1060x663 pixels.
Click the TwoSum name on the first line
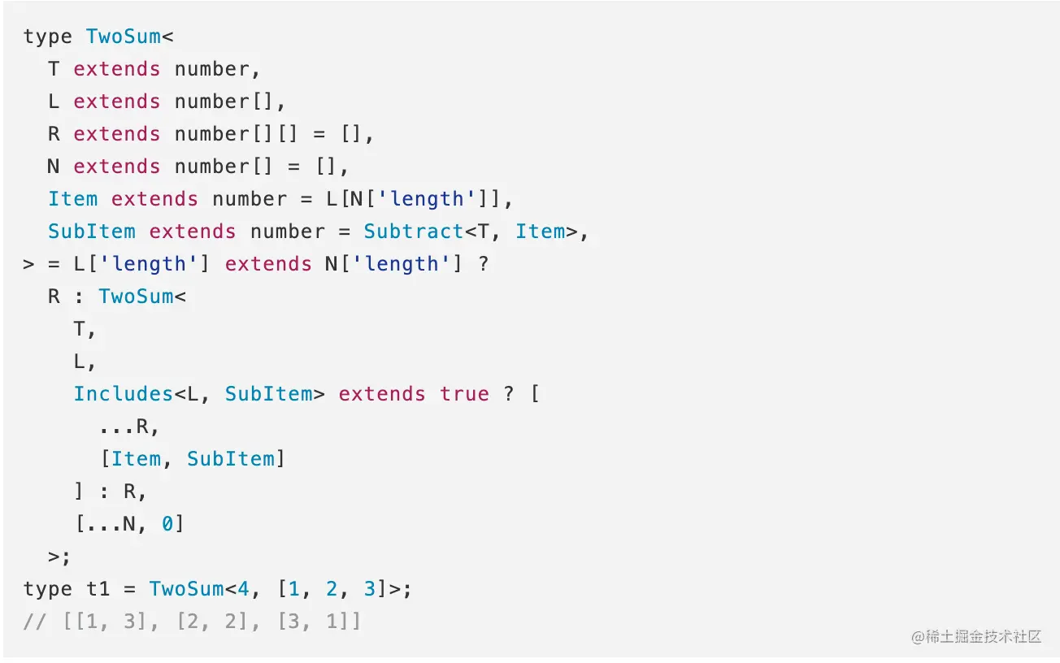(x=124, y=37)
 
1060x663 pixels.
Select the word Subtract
(x=414, y=232)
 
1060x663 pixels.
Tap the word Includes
(x=124, y=394)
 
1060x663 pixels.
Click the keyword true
(x=464, y=394)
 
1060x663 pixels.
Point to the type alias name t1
(x=98, y=589)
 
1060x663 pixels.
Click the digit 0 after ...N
(x=167, y=524)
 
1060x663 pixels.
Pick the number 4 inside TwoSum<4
(x=243, y=589)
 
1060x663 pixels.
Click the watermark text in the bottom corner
(x=976, y=636)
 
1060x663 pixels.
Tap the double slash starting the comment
(x=35, y=622)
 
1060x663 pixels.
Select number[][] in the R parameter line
(x=236, y=134)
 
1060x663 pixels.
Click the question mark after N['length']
(x=483, y=264)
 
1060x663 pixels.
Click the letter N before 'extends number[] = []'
(x=54, y=167)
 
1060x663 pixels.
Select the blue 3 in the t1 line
(x=369, y=589)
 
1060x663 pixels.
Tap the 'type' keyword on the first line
(x=48, y=37)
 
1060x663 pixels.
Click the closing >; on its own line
(x=59, y=557)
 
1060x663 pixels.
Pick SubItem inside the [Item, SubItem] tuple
(x=231, y=459)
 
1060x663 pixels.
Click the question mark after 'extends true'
(x=508, y=394)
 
